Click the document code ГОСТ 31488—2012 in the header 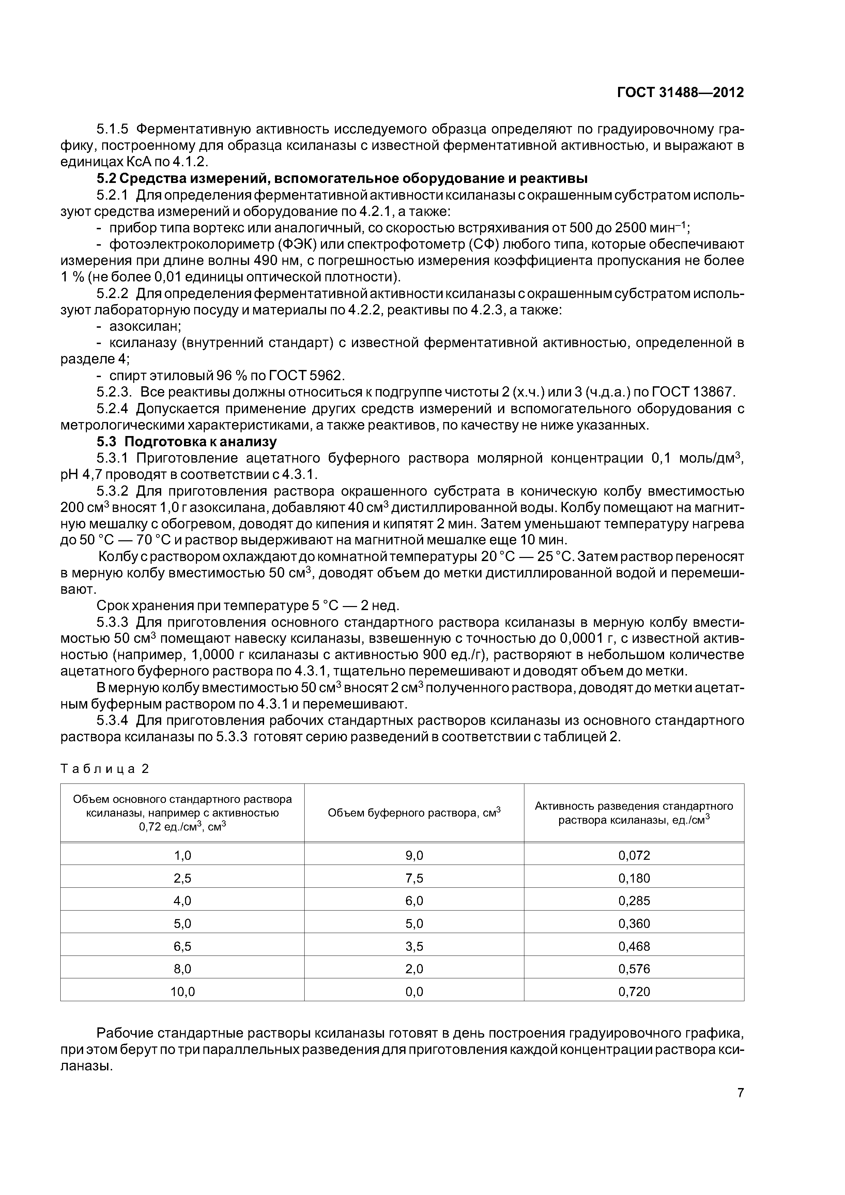pyautogui.click(x=680, y=93)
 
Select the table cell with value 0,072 pyautogui.click(x=634, y=855)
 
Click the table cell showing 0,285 pyautogui.click(x=634, y=900)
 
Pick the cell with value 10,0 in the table pyautogui.click(x=182, y=992)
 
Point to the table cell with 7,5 pyautogui.click(x=414, y=878)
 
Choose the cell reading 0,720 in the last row pyautogui.click(x=634, y=992)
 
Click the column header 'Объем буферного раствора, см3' pyautogui.click(x=414, y=813)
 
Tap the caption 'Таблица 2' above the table pyautogui.click(x=105, y=769)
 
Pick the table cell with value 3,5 pyautogui.click(x=414, y=946)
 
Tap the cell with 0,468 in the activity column pyautogui.click(x=634, y=946)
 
